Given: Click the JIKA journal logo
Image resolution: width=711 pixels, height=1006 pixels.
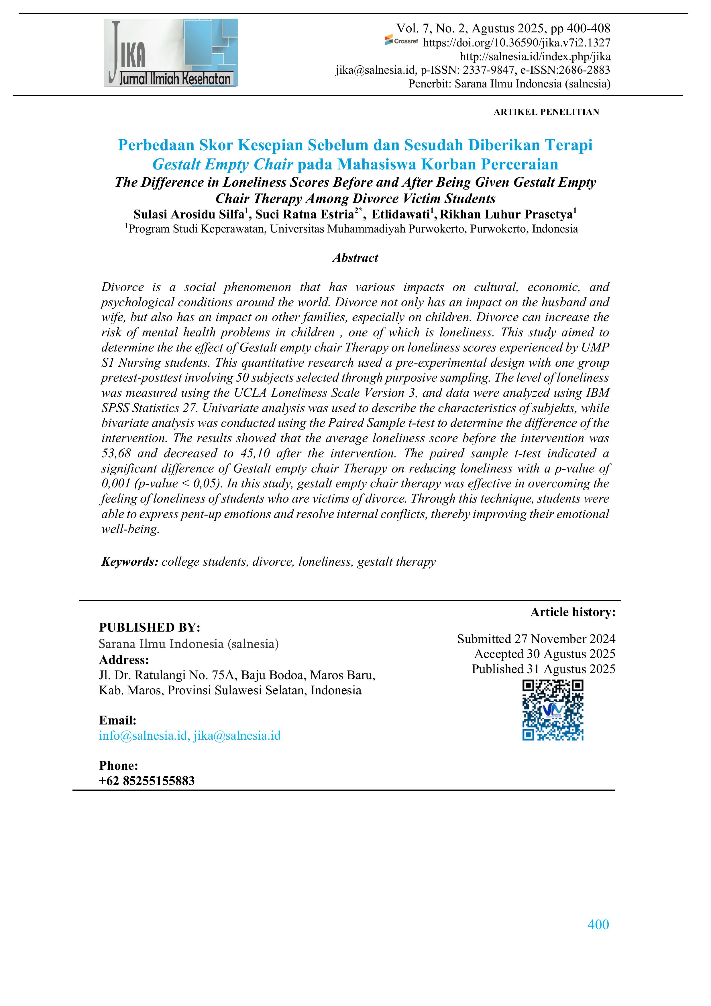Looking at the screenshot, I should click(171, 52).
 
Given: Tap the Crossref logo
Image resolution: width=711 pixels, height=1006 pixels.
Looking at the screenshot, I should click(401, 41).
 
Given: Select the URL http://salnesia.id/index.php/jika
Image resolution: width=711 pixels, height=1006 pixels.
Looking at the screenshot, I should click(535, 56).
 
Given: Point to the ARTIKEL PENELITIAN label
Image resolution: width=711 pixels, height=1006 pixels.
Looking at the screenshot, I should click(546, 112).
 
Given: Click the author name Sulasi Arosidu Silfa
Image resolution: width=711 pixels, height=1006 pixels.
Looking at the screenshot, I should click(189, 215).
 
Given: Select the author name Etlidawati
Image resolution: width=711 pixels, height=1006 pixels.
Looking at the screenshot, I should click(400, 215).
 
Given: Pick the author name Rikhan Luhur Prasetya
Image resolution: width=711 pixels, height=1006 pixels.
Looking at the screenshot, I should click(506, 215).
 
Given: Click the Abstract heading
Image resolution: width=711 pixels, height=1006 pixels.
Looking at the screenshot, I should click(355, 258).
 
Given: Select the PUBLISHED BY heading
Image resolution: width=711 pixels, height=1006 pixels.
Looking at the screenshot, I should click(149, 628).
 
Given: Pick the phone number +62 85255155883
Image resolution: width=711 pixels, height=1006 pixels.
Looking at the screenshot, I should click(147, 780).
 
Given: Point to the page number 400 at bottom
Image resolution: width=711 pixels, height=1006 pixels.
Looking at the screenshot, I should click(598, 925).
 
